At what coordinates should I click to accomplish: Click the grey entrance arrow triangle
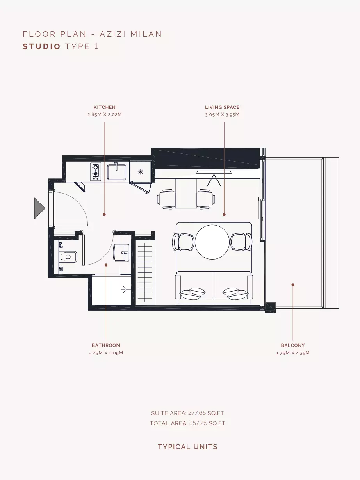(x=39, y=208)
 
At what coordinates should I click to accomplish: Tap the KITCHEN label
(x=105, y=107)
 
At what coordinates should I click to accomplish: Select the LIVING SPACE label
(x=222, y=107)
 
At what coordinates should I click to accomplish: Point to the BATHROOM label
(x=106, y=345)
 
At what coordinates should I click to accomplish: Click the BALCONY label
(x=293, y=345)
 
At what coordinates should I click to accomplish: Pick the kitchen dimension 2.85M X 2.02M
(x=105, y=114)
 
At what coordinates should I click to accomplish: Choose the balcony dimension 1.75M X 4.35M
(x=293, y=353)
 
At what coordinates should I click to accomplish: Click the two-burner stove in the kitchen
(x=96, y=171)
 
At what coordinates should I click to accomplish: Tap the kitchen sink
(x=117, y=172)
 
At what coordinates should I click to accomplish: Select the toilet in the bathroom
(x=68, y=257)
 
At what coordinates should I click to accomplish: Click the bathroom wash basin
(x=121, y=253)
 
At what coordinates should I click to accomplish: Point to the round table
(x=212, y=242)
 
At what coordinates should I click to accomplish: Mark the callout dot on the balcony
(x=293, y=285)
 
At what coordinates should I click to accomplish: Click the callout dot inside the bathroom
(x=106, y=265)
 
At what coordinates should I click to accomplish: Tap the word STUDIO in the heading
(x=41, y=46)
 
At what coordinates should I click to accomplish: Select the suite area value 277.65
(x=197, y=413)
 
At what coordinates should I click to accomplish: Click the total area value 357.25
(x=198, y=423)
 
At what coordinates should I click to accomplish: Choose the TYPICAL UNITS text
(x=188, y=447)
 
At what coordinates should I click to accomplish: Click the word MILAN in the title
(x=146, y=34)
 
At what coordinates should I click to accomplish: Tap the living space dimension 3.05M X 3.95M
(x=222, y=114)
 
